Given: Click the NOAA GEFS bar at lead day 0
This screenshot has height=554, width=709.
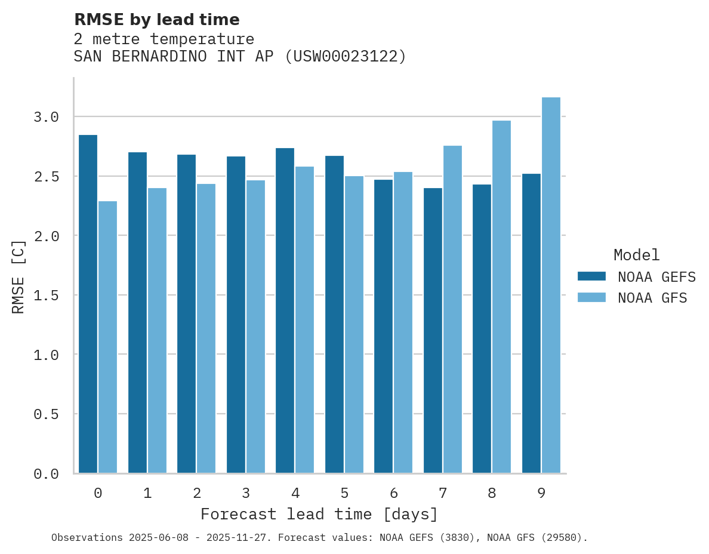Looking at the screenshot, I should click(88, 304).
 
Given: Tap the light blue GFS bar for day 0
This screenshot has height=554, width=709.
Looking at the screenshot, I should click(107, 337).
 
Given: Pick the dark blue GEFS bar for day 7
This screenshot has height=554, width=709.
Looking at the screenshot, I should click(433, 331).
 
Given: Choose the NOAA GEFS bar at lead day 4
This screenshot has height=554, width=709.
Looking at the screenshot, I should click(285, 310).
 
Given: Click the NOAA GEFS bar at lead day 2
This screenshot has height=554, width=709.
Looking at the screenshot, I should click(186, 314).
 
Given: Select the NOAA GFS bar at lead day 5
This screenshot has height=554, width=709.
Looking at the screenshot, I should click(354, 325).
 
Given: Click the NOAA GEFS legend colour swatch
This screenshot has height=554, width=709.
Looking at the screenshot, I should click(591, 276).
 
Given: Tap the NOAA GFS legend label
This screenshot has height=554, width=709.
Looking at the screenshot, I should click(652, 298).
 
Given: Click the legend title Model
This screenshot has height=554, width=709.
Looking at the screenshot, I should click(636, 255).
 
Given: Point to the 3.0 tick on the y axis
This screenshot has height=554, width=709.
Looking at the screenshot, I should click(46, 117).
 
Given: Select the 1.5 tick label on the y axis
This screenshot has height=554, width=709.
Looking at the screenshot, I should click(46, 295).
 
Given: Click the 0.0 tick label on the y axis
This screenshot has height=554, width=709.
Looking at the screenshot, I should click(46, 474).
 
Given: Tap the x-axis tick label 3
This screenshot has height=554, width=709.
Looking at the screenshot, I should click(245, 493).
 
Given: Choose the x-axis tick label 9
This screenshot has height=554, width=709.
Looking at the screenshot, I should click(541, 493).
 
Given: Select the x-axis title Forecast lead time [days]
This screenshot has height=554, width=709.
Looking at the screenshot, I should click(319, 514).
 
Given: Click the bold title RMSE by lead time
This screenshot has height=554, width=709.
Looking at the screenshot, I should click(156, 20).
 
